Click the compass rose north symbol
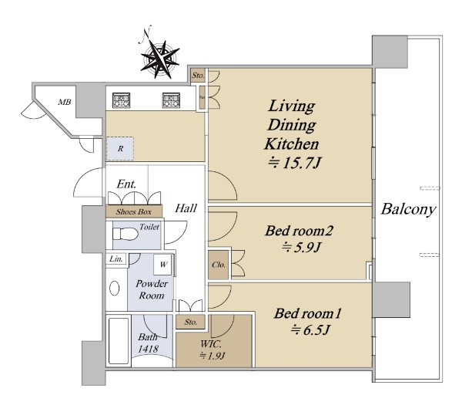[x=159, y=59]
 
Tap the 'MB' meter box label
[x=64, y=102]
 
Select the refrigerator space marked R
[x=120, y=148]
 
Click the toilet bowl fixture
[x=126, y=235]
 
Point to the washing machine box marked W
[x=163, y=264]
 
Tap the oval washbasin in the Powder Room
[x=114, y=288]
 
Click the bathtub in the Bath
[x=119, y=341]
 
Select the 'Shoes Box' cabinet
[x=134, y=211]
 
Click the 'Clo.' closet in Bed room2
[x=219, y=265]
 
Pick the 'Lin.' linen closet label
[x=115, y=258]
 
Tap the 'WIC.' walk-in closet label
[x=211, y=344]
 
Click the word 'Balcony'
[x=408, y=209]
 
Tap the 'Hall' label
[x=186, y=208]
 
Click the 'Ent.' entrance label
[x=126, y=184]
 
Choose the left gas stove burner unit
[x=121, y=100]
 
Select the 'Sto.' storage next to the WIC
[x=190, y=322]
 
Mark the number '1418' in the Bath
[x=148, y=349]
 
